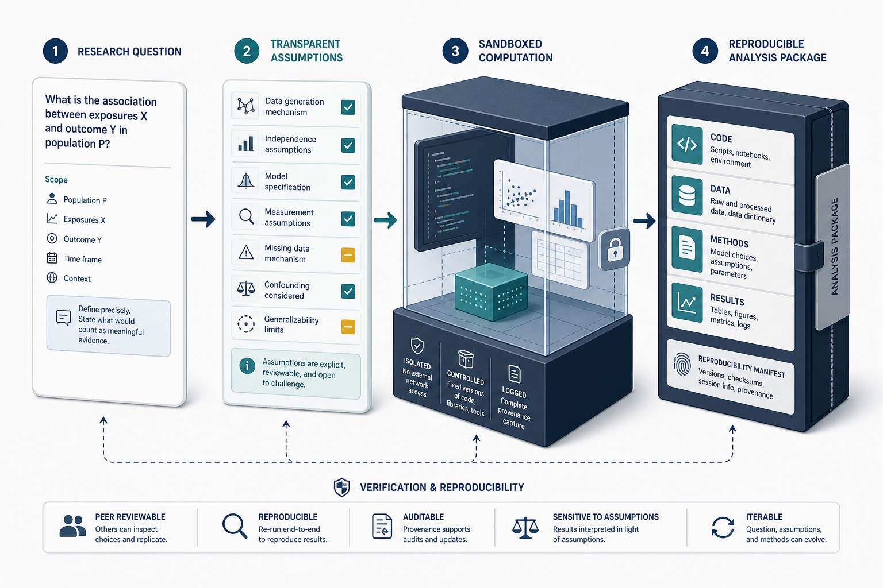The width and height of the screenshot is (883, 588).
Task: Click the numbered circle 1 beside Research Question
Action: (x=55, y=51)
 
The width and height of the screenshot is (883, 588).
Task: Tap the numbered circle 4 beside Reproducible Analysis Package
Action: (x=705, y=51)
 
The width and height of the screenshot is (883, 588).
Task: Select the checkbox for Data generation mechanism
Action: (x=348, y=107)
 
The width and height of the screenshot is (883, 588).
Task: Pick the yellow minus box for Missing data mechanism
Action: (x=348, y=255)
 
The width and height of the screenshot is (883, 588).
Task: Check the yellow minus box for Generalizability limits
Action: (x=348, y=327)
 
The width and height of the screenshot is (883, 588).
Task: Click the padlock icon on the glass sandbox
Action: (x=615, y=249)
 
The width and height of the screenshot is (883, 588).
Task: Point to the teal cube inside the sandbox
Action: (x=491, y=292)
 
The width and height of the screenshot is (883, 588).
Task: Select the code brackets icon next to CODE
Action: (x=687, y=144)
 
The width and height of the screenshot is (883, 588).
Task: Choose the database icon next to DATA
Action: (x=687, y=196)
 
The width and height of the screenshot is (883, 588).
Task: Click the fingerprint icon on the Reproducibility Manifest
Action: (x=682, y=364)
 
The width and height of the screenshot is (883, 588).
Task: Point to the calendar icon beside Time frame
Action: (x=52, y=258)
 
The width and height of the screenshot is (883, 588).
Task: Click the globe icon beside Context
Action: (x=52, y=278)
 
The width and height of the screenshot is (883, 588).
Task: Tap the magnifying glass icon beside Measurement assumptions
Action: (x=246, y=216)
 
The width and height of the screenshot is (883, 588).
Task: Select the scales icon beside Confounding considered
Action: (x=246, y=288)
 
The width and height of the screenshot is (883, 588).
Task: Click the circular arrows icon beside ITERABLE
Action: (x=723, y=527)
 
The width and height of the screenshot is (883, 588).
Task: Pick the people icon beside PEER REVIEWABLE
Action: (x=72, y=526)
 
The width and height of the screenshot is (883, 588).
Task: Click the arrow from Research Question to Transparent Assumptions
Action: (x=204, y=219)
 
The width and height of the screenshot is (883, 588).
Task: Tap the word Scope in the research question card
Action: (x=56, y=180)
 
